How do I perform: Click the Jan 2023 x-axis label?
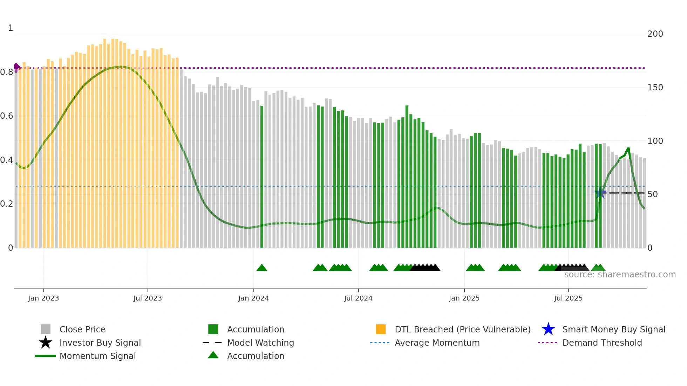[x=43, y=298]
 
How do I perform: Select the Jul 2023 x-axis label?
[x=148, y=298]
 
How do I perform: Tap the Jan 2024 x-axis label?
[x=253, y=298]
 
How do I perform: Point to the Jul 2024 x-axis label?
[x=358, y=298]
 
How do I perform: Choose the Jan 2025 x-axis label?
[x=464, y=298]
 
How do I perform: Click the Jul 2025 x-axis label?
[x=568, y=298]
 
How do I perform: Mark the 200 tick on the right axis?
[x=655, y=34]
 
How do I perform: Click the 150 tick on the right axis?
[x=655, y=88]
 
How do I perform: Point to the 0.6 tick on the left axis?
[x=7, y=116]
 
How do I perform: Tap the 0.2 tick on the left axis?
[x=7, y=204]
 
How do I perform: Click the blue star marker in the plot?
[x=600, y=193]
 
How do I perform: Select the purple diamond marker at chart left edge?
[x=16, y=67]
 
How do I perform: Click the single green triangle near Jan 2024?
[x=262, y=268]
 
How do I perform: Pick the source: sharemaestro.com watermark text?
[x=620, y=275]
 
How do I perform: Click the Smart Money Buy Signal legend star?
[x=548, y=329]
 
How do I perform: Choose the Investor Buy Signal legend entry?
[x=100, y=343]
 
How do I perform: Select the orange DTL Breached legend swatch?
[x=381, y=329]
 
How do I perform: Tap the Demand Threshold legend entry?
[x=602, y=343]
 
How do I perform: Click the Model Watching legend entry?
[x=260, y=343]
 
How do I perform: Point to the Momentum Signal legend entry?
[x=97, y=356]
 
